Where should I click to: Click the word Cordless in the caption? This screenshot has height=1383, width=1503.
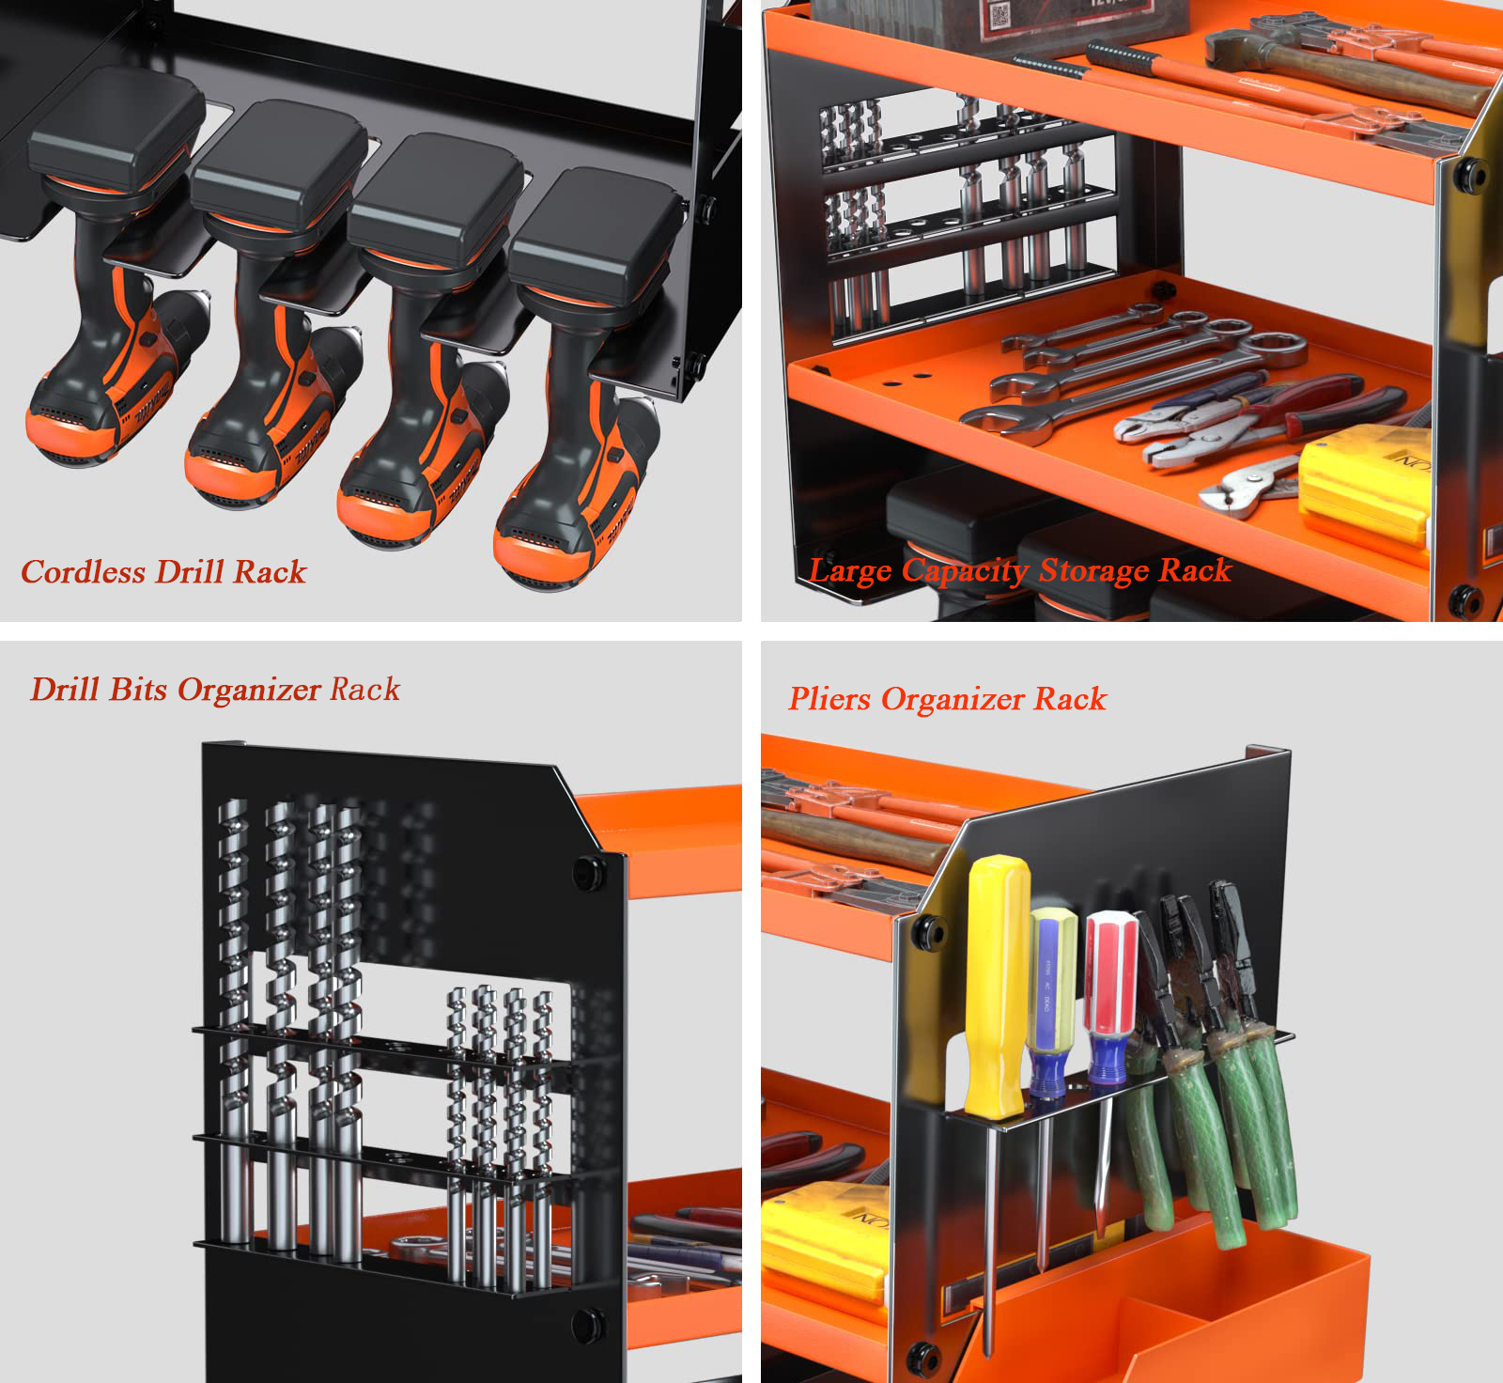tap(84, 571)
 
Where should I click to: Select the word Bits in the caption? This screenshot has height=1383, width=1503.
tap(140, 690)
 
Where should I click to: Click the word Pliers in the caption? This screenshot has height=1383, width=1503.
tap(829, 699)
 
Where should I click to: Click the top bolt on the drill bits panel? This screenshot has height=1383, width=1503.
tap(590, 873)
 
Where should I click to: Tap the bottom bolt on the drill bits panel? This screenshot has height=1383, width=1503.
tap(589, 1324)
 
